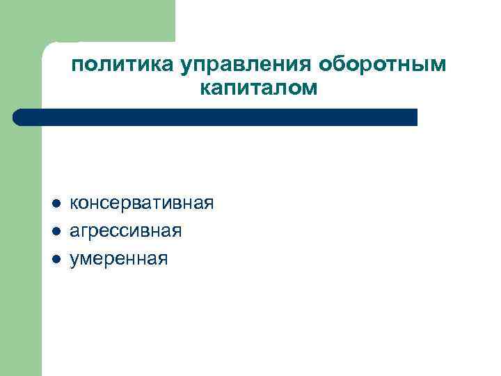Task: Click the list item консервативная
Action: click(142, 203)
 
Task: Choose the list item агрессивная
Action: click(126, 231)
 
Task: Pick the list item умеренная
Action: click(119, 259)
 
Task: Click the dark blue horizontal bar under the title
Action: click(216, 117)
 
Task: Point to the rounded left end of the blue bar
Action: click(19, 117)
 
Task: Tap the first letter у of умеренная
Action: click(75, 260)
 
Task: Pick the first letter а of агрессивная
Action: click(75, 232)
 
